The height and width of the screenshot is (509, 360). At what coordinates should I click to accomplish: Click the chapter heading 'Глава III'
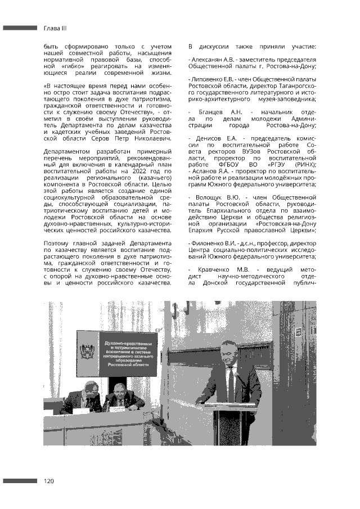56,28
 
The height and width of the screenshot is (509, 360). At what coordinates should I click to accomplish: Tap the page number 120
49,481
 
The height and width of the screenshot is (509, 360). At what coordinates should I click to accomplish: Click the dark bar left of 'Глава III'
20,28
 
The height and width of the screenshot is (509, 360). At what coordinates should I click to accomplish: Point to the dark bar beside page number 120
20,481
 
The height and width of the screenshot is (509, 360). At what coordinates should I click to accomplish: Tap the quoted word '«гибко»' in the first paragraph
73,66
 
